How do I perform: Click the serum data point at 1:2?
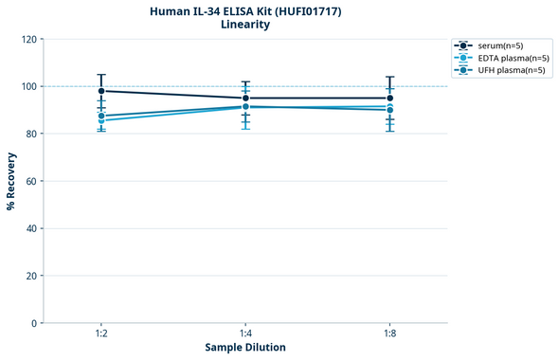[101, 91]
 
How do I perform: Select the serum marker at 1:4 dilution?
[245, 98]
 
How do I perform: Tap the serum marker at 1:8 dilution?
[389, 98]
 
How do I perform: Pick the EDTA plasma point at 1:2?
[101, 120]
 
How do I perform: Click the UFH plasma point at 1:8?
[389, 110]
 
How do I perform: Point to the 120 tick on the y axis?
[28, 39]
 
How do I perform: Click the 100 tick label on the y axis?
[28, 86]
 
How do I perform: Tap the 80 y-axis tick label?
[31, 134]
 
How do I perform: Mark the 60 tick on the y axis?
[31, 181]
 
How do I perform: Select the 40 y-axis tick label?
[31, 228]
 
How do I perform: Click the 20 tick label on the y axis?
[31, 276]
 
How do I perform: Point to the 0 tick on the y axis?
[34, 323]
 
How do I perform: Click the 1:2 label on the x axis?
[101, 334]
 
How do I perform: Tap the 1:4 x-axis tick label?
[245, 334]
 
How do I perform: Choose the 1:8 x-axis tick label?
[389, 334]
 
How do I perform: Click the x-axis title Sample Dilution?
[245, 348]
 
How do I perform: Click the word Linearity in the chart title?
[245, 25]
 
